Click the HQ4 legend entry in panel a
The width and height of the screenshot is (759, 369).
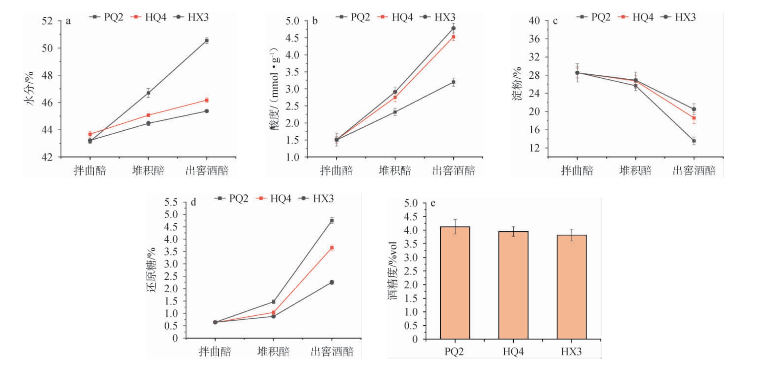pos(150,17)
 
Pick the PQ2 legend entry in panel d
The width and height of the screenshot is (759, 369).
pos(232,198)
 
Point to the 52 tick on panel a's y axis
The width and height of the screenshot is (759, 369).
pos(47,21)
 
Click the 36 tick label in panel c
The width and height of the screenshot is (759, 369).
pos(534,39)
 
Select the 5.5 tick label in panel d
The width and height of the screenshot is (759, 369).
pos(171,202)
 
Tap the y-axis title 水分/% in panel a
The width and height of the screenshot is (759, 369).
pos(29,88)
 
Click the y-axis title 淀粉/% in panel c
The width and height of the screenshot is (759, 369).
pos(517,84)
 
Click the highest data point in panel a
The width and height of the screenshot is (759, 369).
pos(207,40)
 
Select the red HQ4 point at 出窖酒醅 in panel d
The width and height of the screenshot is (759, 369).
pos(332,248)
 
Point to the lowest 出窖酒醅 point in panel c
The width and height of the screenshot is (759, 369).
pos(694,141)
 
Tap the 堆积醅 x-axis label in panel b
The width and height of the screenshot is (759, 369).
pos(395,171)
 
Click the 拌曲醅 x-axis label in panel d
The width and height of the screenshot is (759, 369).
pos(215,352)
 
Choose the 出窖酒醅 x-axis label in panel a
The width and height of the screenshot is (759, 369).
pos(207,171)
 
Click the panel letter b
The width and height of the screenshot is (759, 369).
pos(315,21)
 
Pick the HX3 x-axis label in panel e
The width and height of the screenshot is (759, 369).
pos(571,352)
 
